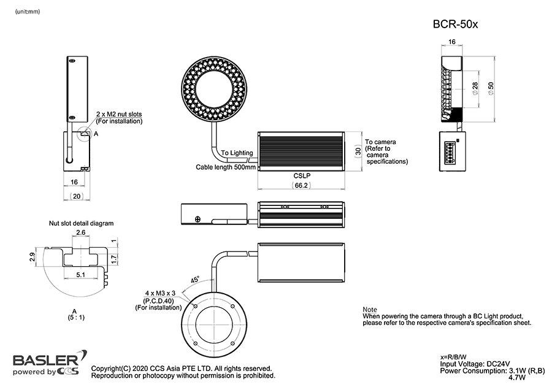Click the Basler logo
[45, 360]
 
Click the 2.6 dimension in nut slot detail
[81, 232]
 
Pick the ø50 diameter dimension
[490, 88]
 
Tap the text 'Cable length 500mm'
[226, 167]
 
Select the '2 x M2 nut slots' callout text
[119, 115]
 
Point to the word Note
[370, 310]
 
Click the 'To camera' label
[380, 141]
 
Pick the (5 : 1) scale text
[74, 317]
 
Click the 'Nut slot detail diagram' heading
[82, 223]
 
